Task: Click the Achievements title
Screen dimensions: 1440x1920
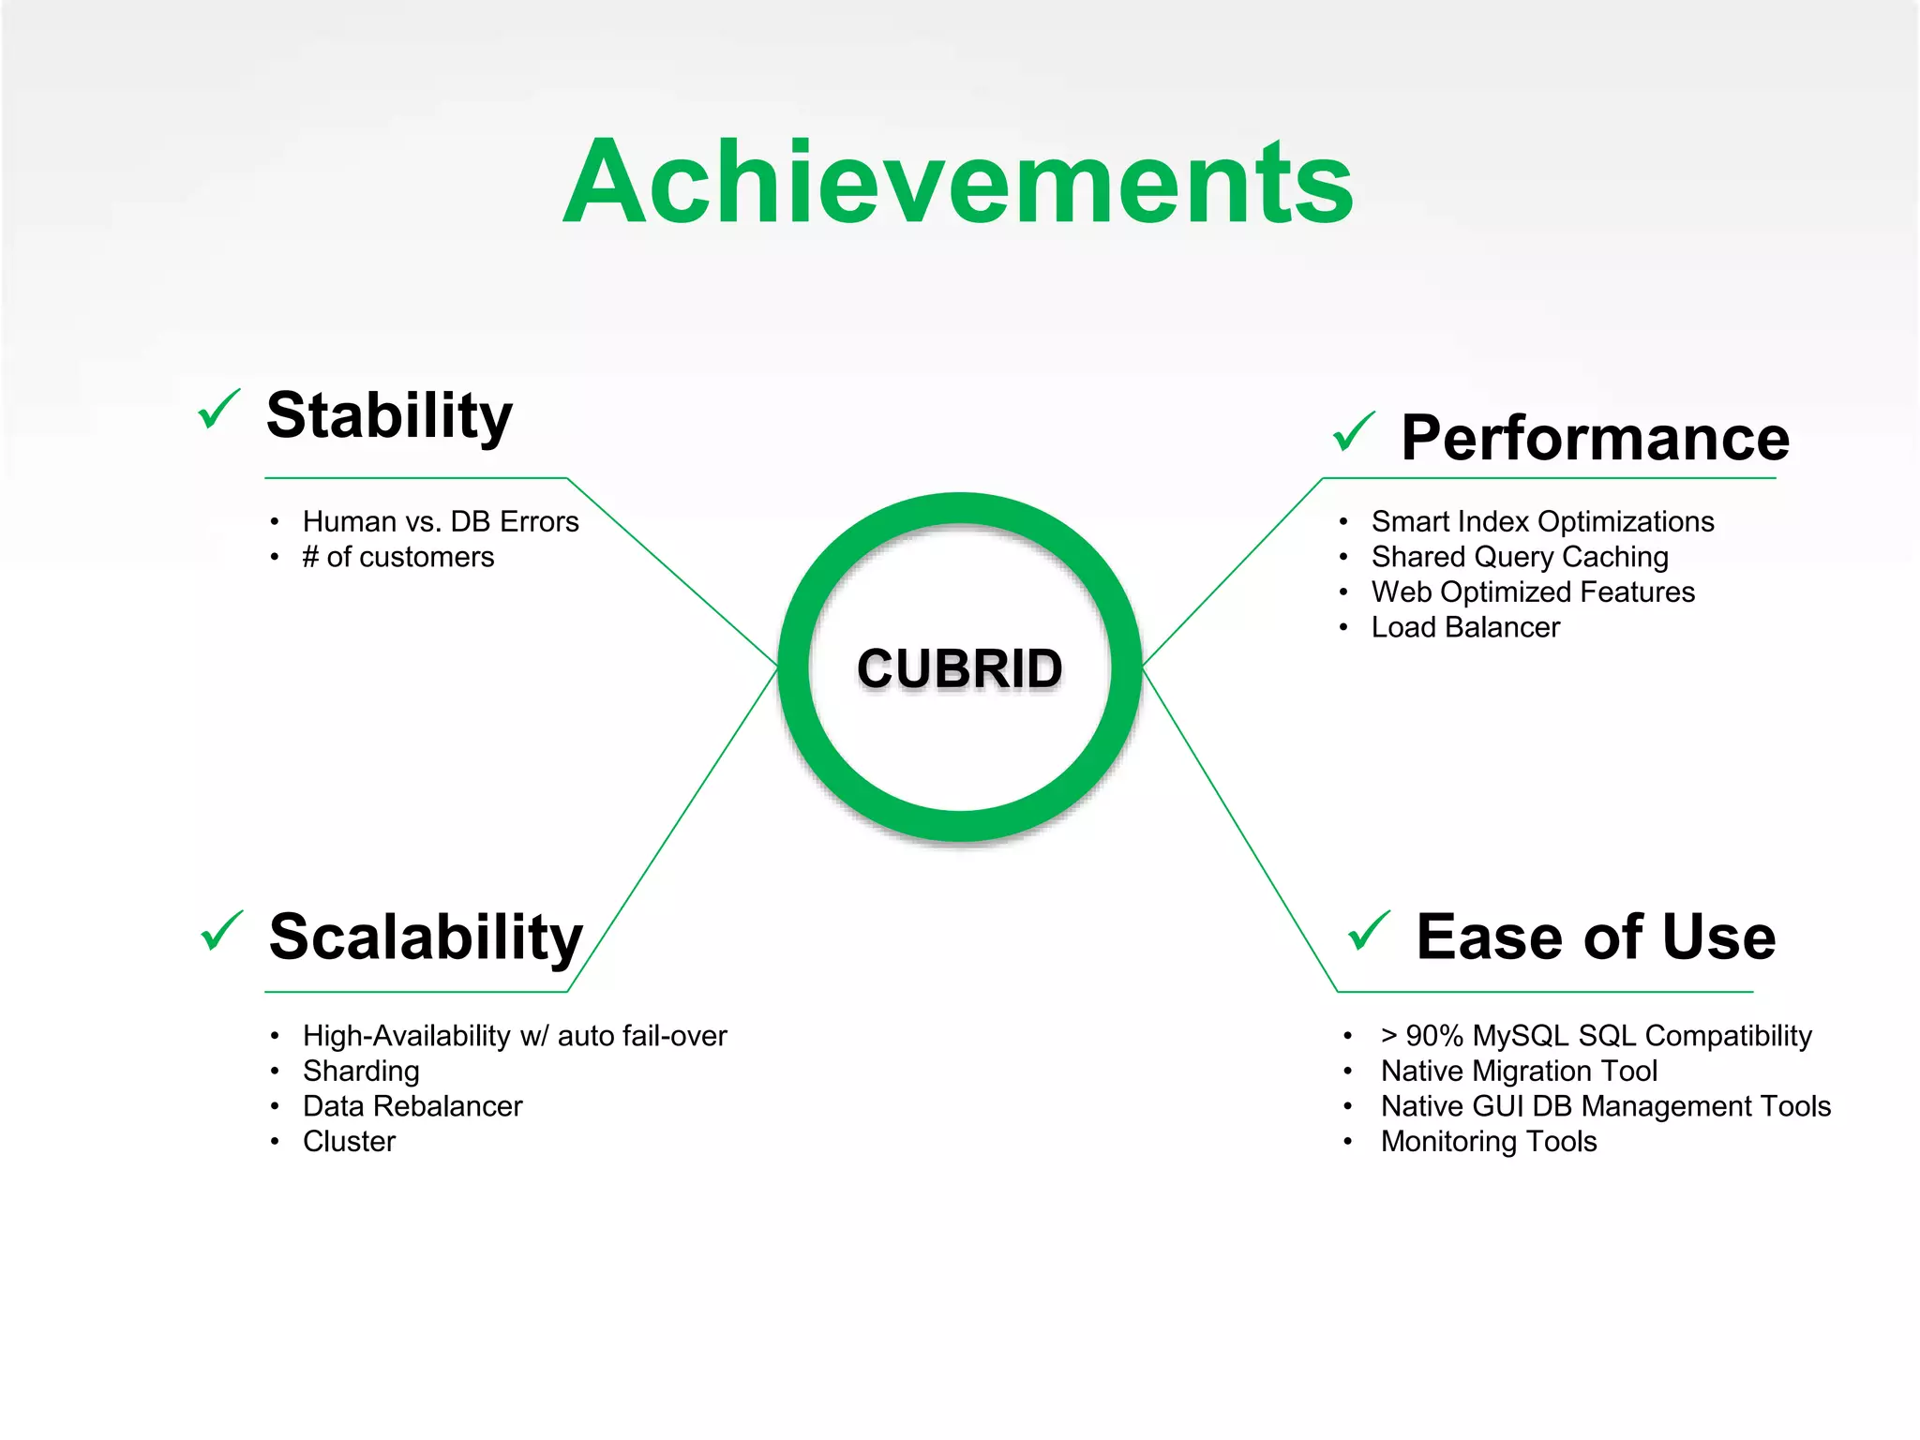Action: click(x=958, y=183)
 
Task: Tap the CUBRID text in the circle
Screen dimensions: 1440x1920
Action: click(x=959, y=668)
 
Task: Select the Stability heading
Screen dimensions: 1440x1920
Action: click(x=389, y=415)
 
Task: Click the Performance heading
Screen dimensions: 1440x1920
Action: click(x=1594, y=438)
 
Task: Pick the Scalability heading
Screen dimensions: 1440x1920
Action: click(x=426, y=937)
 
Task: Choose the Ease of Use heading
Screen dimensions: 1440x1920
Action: click(x=1595, y=937)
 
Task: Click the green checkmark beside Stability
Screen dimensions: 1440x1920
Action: click(x=219, y=410)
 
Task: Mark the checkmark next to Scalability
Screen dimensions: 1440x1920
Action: click(x=222, y=931)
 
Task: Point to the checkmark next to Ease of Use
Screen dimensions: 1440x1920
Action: click(x=1369, y=931)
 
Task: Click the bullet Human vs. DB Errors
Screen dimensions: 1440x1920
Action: click(x=440, y=521)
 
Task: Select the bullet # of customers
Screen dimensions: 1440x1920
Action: click(x=397, y=557)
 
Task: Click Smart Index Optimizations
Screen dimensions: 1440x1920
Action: click(x=1541, y=521)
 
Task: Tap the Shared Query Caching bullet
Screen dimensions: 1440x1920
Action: click(x=1519, y=557)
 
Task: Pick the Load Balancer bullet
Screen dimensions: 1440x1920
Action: click(x=1464, y=627)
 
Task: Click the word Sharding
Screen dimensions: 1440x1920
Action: click(x=360, y=1071)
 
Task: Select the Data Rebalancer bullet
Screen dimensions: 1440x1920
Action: click(x=412, y=1106)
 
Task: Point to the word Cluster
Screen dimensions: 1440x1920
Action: click(x=349, y=1142)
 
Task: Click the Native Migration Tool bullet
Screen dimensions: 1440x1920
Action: click(x=1518, y=1071)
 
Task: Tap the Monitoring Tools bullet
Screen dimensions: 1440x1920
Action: click(x=1488, y=1142)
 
